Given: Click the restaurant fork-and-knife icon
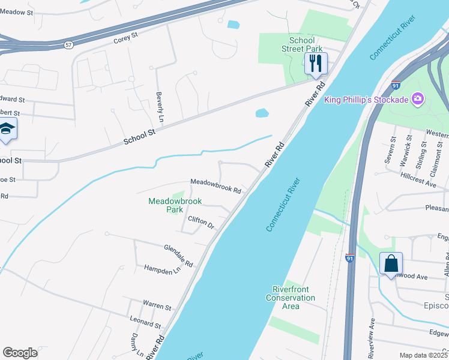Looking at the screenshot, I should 316,62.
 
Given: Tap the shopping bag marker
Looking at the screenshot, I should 391,263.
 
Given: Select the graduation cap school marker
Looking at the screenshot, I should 7,130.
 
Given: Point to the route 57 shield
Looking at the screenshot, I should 69,45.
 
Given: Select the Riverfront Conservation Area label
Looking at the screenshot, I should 291,298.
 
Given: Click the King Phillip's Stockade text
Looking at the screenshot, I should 366,100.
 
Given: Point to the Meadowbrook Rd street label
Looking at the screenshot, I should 216,186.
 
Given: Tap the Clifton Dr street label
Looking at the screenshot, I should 201,223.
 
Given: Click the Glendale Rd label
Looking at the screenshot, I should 178,256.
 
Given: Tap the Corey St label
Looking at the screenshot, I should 125,38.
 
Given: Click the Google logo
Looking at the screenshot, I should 20,353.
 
